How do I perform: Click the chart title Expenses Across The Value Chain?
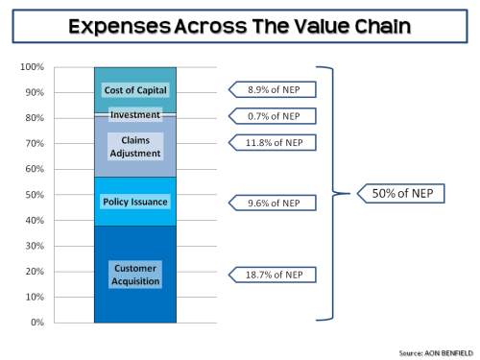240,24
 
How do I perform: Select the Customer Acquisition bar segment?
135,274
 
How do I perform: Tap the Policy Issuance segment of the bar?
135,202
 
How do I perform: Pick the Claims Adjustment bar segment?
135,147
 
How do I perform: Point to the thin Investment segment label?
135,115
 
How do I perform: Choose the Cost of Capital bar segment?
135,90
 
